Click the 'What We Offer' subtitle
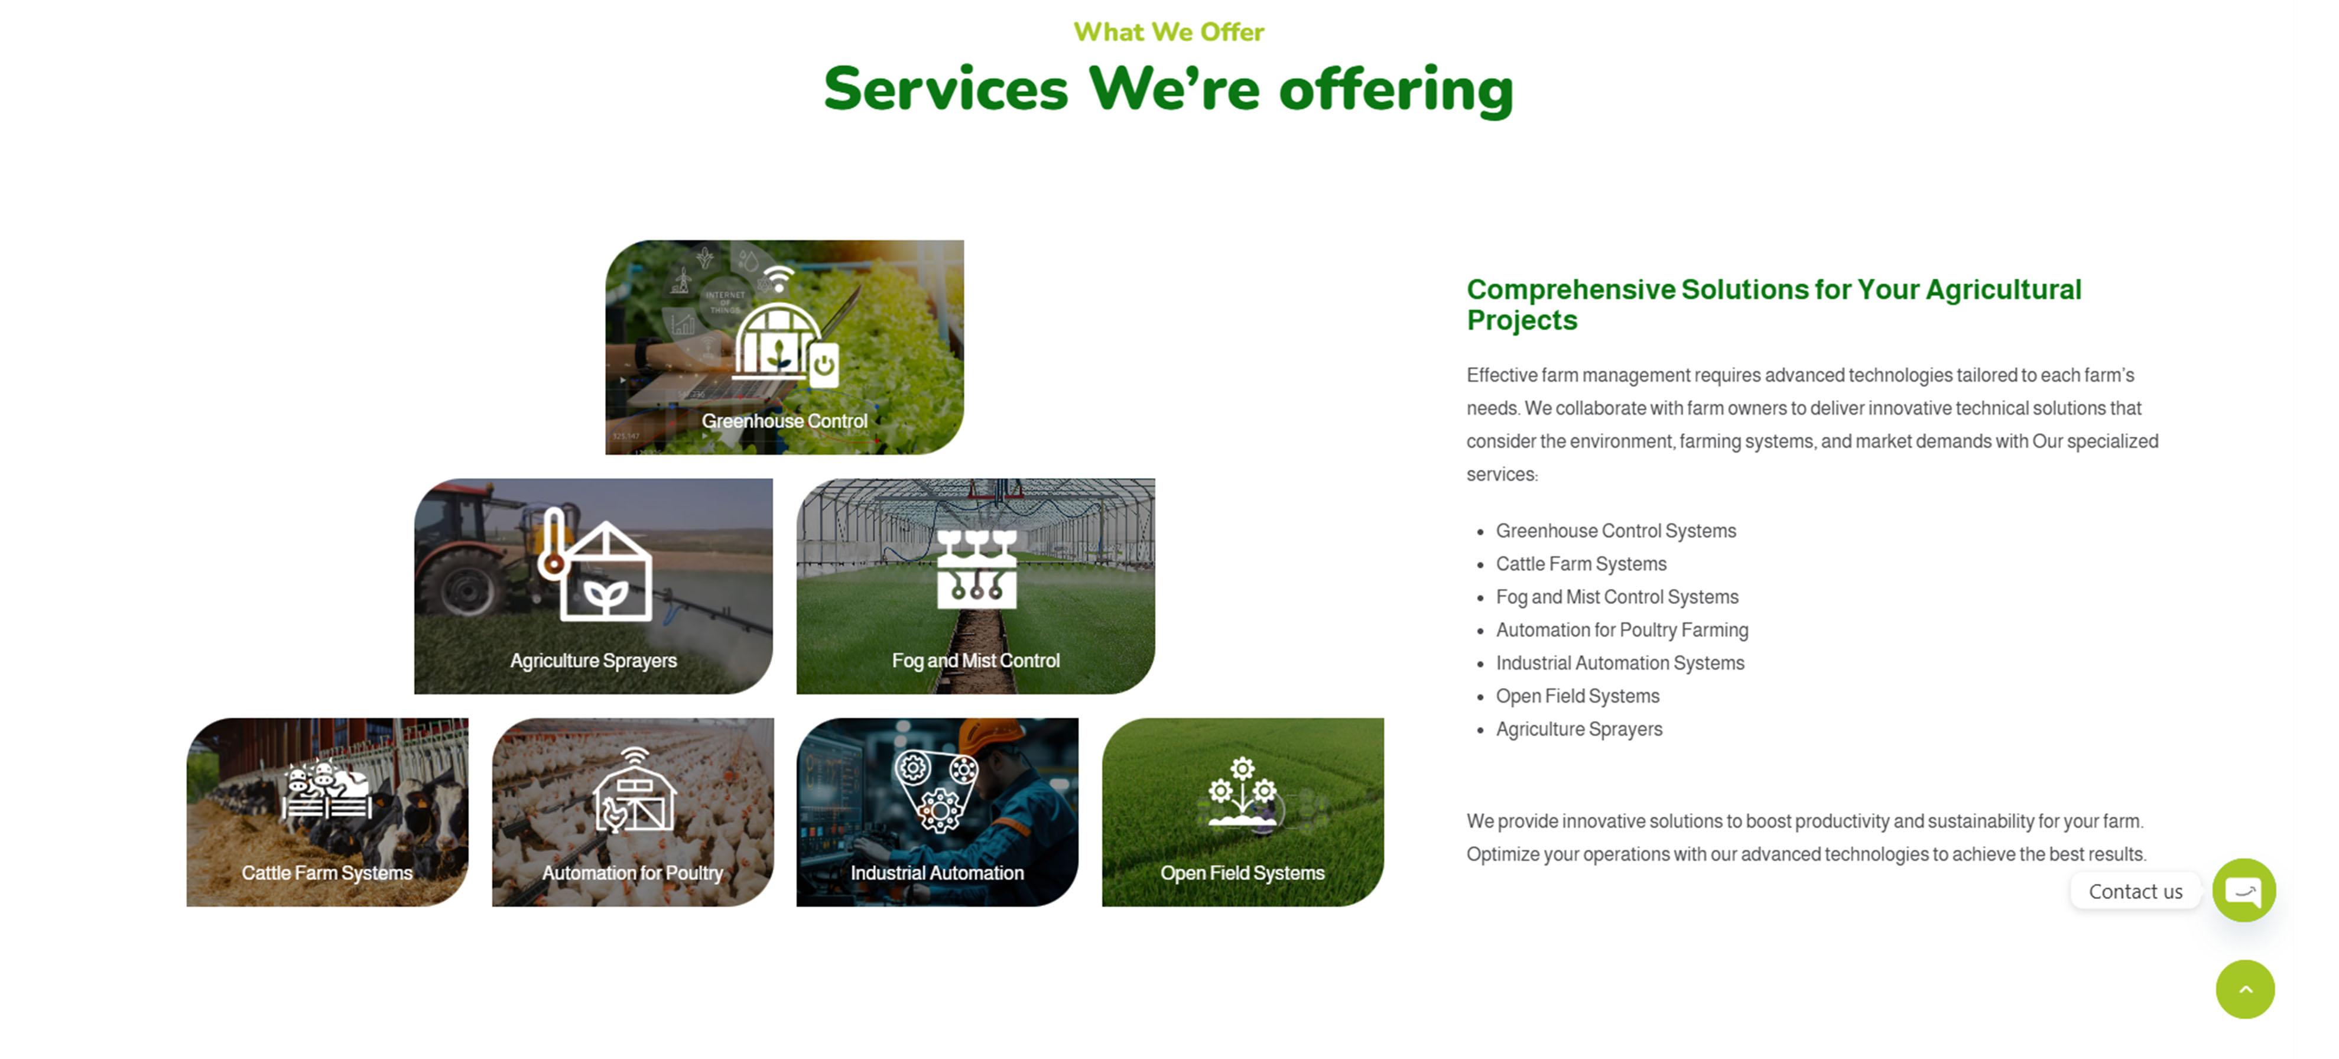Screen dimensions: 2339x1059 (1168, 32)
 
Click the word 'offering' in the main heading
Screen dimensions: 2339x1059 (1396, 90)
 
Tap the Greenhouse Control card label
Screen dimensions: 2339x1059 (785, 421)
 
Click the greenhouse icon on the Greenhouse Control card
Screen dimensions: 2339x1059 (785, 340)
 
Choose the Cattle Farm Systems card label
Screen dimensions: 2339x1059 (327, 873)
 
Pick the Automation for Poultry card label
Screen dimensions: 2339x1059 (633, 873)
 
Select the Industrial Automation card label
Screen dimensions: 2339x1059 (937, 873)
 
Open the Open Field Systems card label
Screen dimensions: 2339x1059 (1242, 873)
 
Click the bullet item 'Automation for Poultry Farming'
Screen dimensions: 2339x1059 (1622, 631)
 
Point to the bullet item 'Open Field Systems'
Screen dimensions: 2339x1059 (1577, 697)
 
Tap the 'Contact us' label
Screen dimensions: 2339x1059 (2136, 892)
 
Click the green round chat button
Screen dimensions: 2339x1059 (2244, 891)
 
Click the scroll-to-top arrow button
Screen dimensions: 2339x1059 (2246, 990)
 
